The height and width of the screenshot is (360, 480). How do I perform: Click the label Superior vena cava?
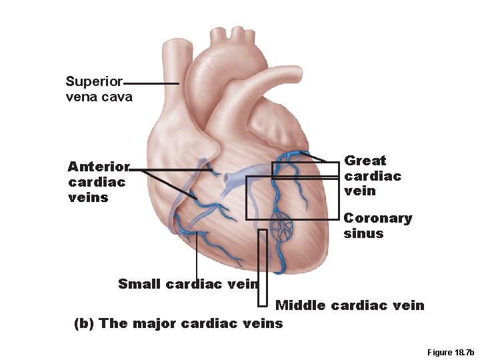98,89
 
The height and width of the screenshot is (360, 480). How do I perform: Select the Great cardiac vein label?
372,176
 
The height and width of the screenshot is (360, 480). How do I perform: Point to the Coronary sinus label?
377,226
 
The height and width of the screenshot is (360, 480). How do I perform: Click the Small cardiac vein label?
187,284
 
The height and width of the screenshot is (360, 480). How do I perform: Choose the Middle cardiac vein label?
349,305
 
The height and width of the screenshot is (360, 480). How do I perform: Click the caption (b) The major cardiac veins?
177,324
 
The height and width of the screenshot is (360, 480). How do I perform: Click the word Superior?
94,82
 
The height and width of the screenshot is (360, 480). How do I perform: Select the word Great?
365,161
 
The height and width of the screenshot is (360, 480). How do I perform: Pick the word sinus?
363,233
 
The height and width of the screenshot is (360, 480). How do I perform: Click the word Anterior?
99,167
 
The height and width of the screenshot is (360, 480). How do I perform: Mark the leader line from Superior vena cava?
151,83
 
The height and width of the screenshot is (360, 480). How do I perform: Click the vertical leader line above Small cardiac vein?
196,257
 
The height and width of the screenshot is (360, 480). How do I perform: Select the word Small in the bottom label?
139,284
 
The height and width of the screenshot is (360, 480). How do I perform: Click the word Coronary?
377,218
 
